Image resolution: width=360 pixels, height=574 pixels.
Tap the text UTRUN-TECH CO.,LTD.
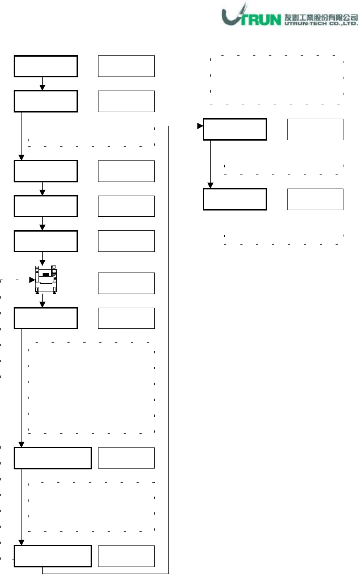[x=321, y=24]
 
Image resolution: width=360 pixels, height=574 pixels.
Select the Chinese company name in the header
[x=321, y=17]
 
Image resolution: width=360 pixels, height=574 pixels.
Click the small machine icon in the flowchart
[x=46, y=279]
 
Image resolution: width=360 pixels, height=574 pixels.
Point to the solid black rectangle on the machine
[x=46, y=275]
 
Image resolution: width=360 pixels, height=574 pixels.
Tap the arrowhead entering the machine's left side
[x=32, y=280]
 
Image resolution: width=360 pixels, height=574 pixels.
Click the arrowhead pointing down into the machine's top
[x=42, y=262]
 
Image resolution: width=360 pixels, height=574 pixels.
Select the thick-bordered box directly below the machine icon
[x=46, y=318]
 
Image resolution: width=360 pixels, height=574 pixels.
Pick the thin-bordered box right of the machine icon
[x=126, y=283]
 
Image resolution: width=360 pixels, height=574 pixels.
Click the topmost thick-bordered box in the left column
[x=46, y=66]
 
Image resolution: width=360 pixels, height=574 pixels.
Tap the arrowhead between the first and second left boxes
[x=42, y=88]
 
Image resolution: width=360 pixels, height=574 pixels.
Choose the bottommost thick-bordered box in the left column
[x=53, y=556]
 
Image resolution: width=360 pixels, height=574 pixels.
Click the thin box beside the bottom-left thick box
[x=126, y=556]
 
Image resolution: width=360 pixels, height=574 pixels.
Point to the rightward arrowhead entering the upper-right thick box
[x=200, y=126]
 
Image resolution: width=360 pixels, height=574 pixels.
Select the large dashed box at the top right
[x=276, y=80]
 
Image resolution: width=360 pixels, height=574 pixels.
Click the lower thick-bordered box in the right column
[x=235, y=199]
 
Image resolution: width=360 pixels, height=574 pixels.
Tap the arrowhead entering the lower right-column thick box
[x=211, y=186]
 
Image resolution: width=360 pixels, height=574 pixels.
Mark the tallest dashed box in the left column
[x=91, y=388]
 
